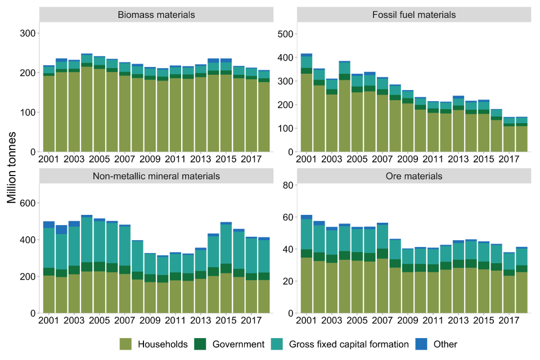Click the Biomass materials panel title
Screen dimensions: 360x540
[x=156, y=15]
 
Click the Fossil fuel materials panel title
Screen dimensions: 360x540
[x=414, y=15]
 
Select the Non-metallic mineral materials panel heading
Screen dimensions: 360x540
[x=156, y=176]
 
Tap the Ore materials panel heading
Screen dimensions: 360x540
[x=414, y=176]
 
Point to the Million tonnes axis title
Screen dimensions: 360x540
[x=12, y=169]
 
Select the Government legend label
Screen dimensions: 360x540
[x=239, y=344]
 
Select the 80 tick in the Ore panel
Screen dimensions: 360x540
[x=289, y=185]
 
